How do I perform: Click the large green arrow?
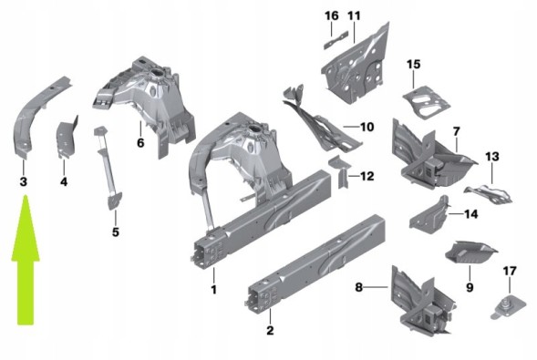[26, 260]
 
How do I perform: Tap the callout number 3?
[24, 181]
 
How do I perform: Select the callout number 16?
[332, 15]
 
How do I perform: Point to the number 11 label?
[354, 15]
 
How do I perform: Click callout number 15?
[413, 64]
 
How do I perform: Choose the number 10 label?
[367, 127]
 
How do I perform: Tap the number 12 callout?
[367, 176]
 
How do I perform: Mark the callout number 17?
[510, 271]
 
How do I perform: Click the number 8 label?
[358, 287]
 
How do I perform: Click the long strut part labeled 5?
[108, 168]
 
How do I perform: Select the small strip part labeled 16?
[336, 40]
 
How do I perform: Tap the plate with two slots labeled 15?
[426, 102]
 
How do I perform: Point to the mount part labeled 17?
[509, 307]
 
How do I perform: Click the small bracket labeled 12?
[341, 170]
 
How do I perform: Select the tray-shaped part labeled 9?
[470, 252]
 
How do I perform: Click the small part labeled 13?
[488, 194]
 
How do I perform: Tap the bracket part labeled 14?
[429, 215]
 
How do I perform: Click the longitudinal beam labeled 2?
[316, 263]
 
